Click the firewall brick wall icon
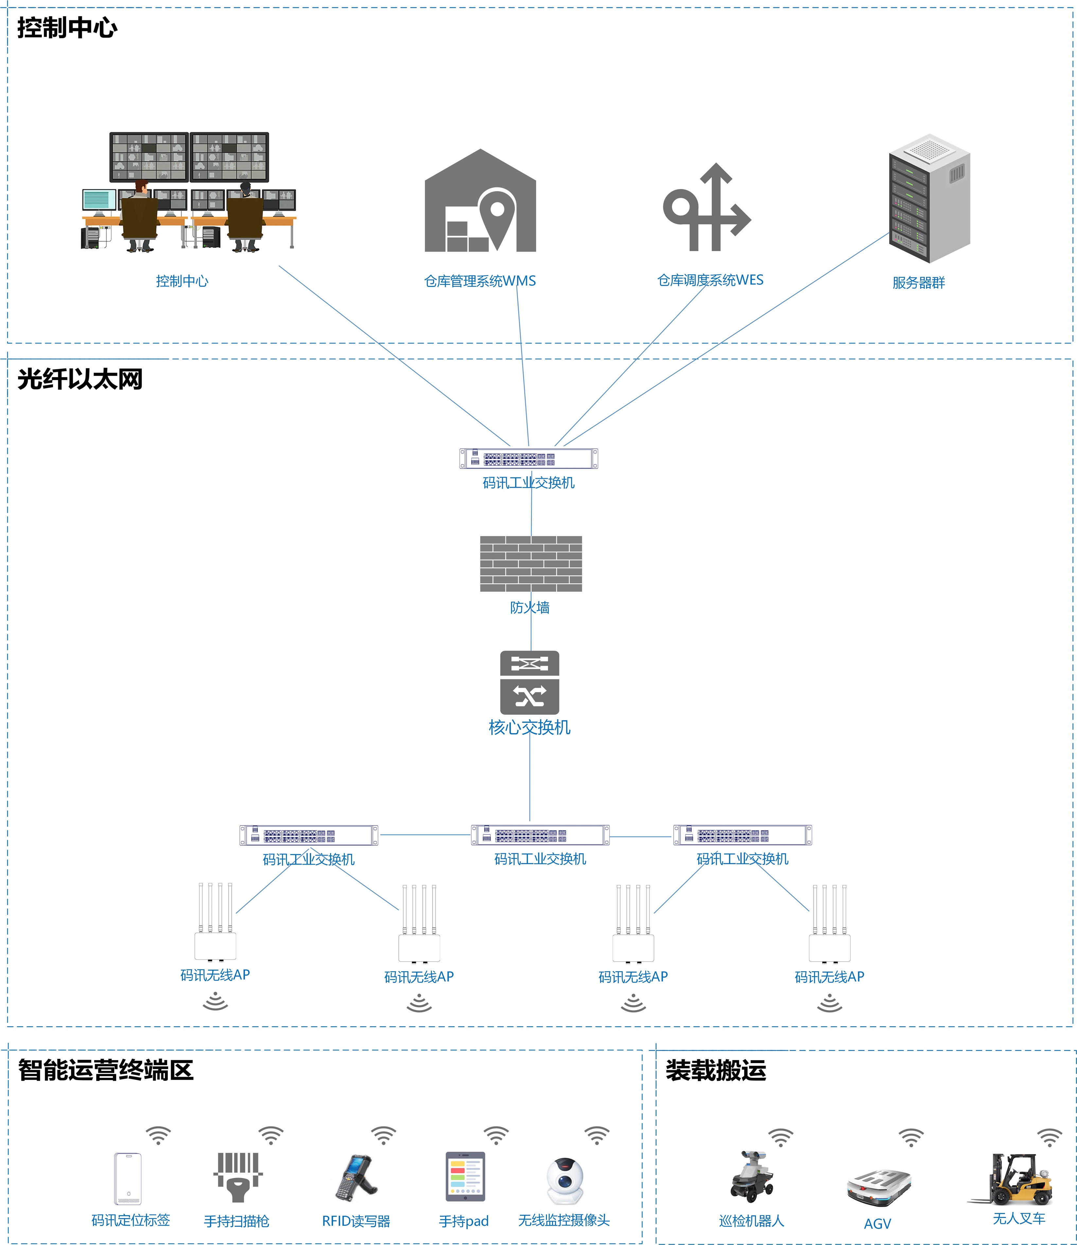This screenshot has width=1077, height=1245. point(531,564)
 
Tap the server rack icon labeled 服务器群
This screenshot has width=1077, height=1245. point(929,198)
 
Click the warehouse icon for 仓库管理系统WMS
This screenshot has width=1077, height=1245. point(480,201)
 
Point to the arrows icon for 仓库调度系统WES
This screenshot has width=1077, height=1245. point(707,207)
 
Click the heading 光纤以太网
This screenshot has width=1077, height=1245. point(80,380)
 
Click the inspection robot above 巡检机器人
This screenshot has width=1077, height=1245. point(751,1177)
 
